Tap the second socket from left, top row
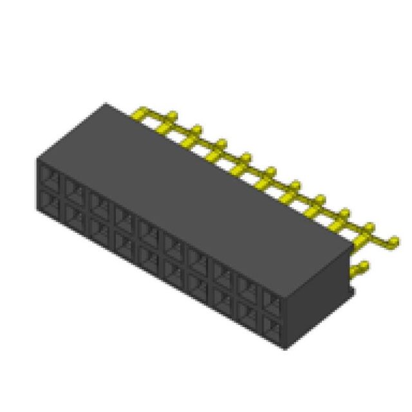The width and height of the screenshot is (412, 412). [73, 187]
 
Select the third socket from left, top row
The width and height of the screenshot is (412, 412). [98, 201]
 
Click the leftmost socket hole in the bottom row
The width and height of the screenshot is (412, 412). [50, 200]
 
